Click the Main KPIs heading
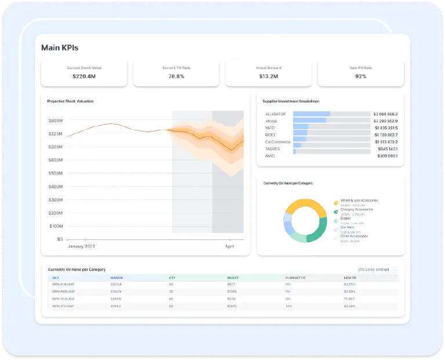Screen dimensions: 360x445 point(60,48)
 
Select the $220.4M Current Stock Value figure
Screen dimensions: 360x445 point(84,77)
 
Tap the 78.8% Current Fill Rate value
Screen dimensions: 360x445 point(176,77)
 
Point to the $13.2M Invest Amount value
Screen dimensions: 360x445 point(268,77)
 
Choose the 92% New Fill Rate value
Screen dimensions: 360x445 point(360,77)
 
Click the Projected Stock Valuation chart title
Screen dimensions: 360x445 point(70,101)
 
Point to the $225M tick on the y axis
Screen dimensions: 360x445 point(56,134)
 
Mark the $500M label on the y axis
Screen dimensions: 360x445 point(56,173)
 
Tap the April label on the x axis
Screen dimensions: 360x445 point(230,246)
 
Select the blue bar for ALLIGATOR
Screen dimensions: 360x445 point(312,114)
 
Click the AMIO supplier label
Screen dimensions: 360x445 point(270,156)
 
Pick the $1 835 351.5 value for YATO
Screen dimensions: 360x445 point(385,128)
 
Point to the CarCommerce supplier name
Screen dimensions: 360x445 point(278,142)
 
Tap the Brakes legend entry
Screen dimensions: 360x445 point(346,219)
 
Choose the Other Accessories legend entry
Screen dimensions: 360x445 point(354,237)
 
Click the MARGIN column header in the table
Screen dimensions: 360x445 point(117,278)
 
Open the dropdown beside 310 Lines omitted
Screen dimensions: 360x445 point(395,270)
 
